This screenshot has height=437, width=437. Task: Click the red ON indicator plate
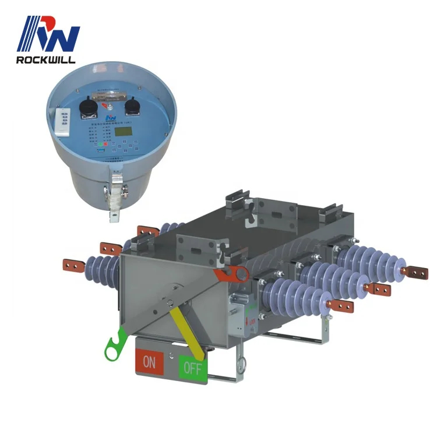(150, 362)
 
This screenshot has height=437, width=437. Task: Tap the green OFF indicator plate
(192, 368)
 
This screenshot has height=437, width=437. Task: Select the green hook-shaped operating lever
(115, 344)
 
